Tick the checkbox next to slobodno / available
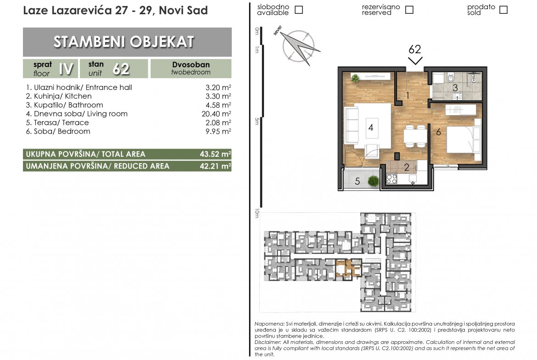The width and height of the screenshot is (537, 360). tap(299, 10)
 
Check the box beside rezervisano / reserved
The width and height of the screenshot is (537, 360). tap(409, 10)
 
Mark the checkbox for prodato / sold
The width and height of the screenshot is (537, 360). tap(503, 10)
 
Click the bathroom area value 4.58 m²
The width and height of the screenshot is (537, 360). tap(218, 105)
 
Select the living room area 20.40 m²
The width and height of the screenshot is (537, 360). tap(216, 114)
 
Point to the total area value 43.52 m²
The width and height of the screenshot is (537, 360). tap(215, 154)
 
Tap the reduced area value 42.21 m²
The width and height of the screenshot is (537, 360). tap(215, 166)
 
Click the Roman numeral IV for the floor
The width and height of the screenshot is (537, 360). tap(66, 69)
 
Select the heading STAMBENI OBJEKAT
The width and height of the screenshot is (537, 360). tap(124, 42)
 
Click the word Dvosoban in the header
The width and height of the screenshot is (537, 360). tap(191, 65)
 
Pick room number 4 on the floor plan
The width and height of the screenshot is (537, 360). tap(370, 127)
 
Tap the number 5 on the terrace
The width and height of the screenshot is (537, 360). tap(357, 181)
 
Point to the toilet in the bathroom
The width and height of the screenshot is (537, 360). tap(450, 78)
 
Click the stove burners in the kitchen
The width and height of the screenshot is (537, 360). tap(392, 179)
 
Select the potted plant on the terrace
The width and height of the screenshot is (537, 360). tap(374, 181)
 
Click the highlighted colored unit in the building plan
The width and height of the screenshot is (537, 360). tap(348, 268)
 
